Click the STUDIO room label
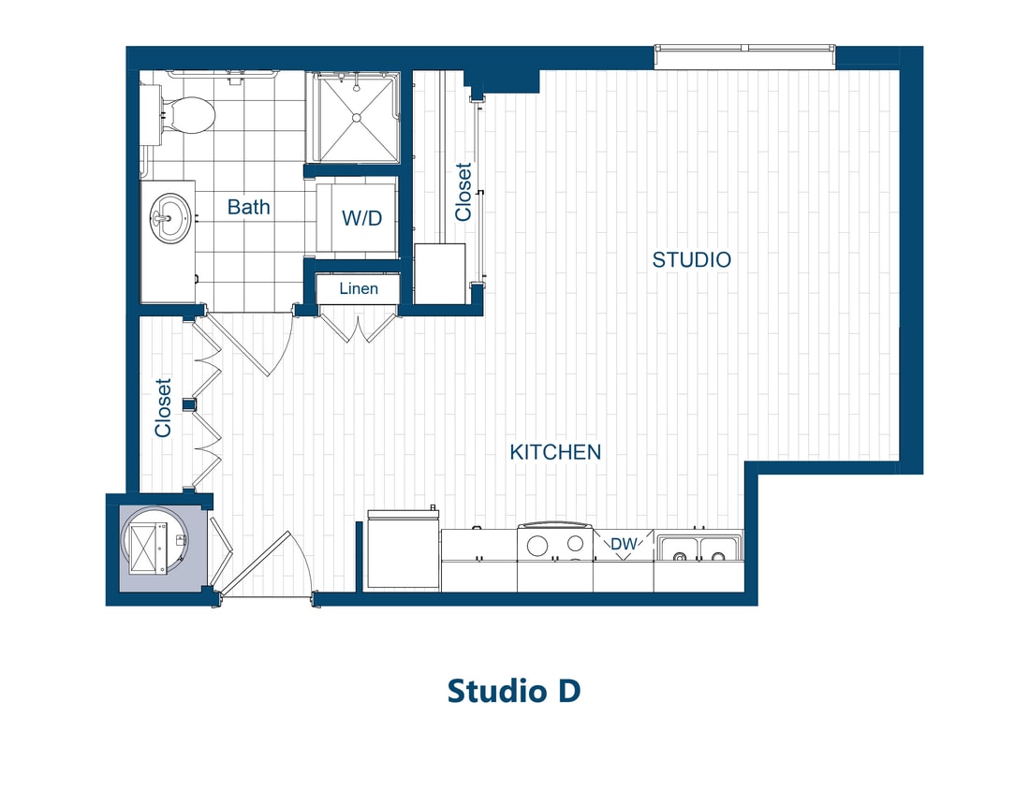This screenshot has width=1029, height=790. (x=691, y=260)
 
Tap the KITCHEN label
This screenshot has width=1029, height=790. (x=555, y=452)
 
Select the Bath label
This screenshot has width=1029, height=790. (x=248, y=207)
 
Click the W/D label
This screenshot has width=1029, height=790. (x=362, y=219)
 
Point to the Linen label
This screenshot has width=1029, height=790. (x=359, y=288)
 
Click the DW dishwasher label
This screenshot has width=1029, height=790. (x=624, y=543)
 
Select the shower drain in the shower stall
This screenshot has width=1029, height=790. (x=356, y=117)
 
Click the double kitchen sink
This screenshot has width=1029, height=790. (x=698, y=551)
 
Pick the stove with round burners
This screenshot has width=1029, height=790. (x=554, y=546)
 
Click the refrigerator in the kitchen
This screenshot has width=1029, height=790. (x=403, y=551)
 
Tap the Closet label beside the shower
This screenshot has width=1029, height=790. (x=463, y=192)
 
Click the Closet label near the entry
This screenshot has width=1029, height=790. (x=164, y=407)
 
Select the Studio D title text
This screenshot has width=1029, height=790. (x=514, y=691)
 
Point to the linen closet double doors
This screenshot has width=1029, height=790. (x=359, y=327)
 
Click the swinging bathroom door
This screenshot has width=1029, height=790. (x=245, y=345)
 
